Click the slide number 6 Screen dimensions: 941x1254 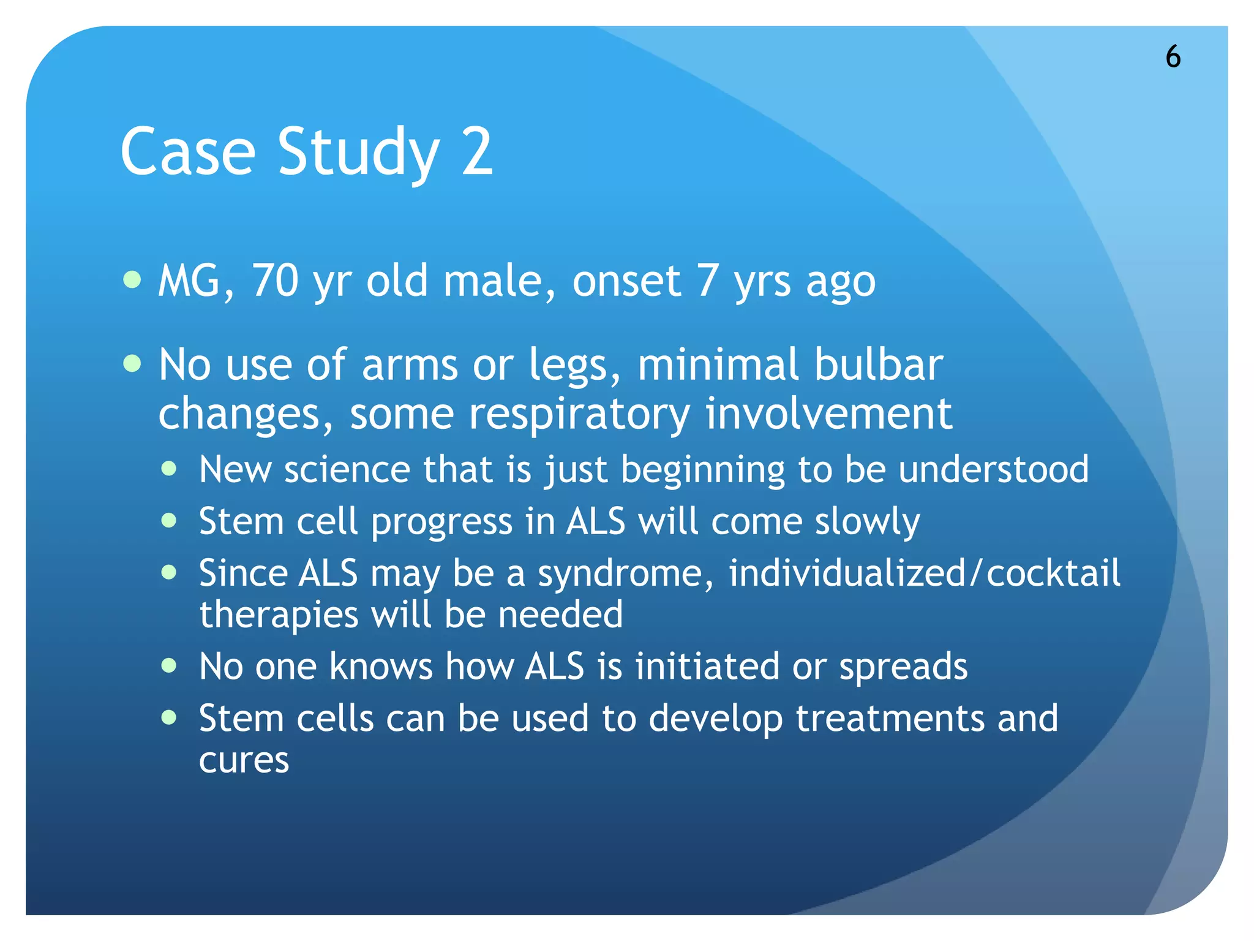[1173, 57]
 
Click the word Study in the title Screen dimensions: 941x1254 [358, 152]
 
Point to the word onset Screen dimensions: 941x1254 [626, 282]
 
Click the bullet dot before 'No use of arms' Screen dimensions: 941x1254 [132, 364]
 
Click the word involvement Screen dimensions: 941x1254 [828, 414]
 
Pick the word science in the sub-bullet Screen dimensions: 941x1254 [347, 470]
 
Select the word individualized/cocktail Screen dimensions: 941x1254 [924, 574]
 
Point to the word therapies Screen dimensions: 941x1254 [279, 616]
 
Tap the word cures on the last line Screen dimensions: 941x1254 [244, 760]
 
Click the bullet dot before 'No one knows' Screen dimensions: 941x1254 [169, 666]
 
